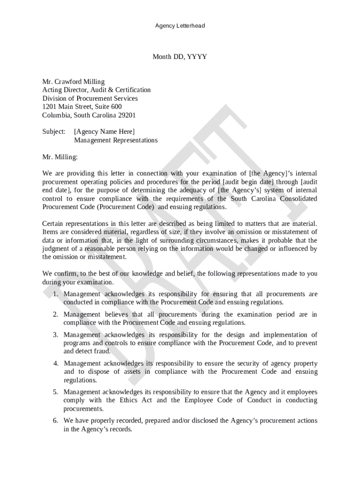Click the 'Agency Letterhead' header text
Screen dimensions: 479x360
click(180, 26)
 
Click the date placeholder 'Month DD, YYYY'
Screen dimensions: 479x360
click(180, 57)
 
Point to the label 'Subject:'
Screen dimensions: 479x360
click(54, 132)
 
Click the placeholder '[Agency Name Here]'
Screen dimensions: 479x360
click(104, 132)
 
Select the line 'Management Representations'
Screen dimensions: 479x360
click(115, 140)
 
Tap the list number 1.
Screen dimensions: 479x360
click(55, 294)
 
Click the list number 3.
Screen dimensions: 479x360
click(55, 335)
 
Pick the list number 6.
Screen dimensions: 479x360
click(55, 421)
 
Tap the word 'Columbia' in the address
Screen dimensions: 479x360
click(56, 115)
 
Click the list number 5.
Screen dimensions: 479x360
click(55, 392)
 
